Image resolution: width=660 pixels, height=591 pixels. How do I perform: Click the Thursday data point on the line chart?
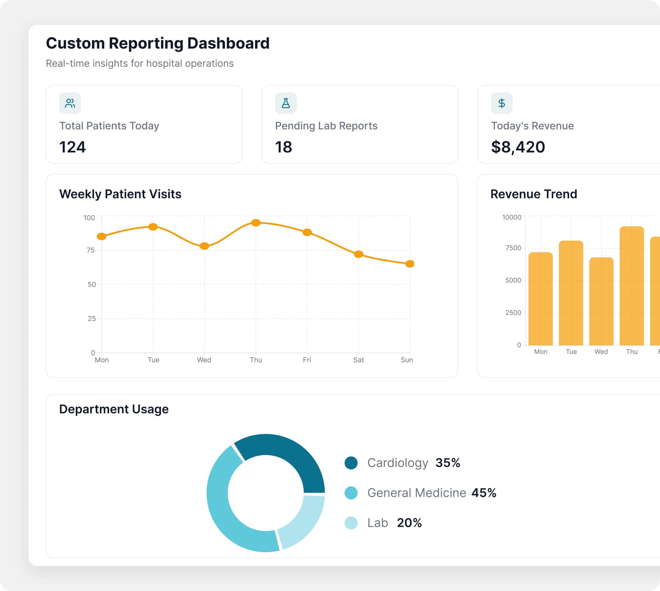[256, 223]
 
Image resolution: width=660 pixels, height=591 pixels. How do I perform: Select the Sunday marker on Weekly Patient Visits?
[410, 264]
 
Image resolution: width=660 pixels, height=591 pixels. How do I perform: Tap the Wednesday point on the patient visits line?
[204, 246]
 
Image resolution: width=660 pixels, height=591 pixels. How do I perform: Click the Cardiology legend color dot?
[351, 463]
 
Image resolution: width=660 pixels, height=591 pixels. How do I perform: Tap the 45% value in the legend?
[484, 493]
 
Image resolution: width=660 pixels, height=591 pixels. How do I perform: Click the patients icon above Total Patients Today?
[70, 103]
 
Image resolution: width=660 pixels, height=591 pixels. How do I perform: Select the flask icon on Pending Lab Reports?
[286, 103]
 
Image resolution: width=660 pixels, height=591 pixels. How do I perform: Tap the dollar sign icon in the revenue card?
[501, 103]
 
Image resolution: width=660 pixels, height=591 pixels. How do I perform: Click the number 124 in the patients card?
[72, 147]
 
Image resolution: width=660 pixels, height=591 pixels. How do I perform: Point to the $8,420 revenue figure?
[518, 147]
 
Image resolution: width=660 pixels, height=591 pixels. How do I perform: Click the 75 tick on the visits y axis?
[91, 250]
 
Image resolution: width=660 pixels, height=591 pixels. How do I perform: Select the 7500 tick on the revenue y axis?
[513, 248]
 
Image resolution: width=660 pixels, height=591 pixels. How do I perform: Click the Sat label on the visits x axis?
[358, 360]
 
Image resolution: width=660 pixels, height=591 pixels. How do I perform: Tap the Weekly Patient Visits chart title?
[120, 194]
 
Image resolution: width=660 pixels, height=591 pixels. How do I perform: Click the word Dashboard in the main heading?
[228, 43]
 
